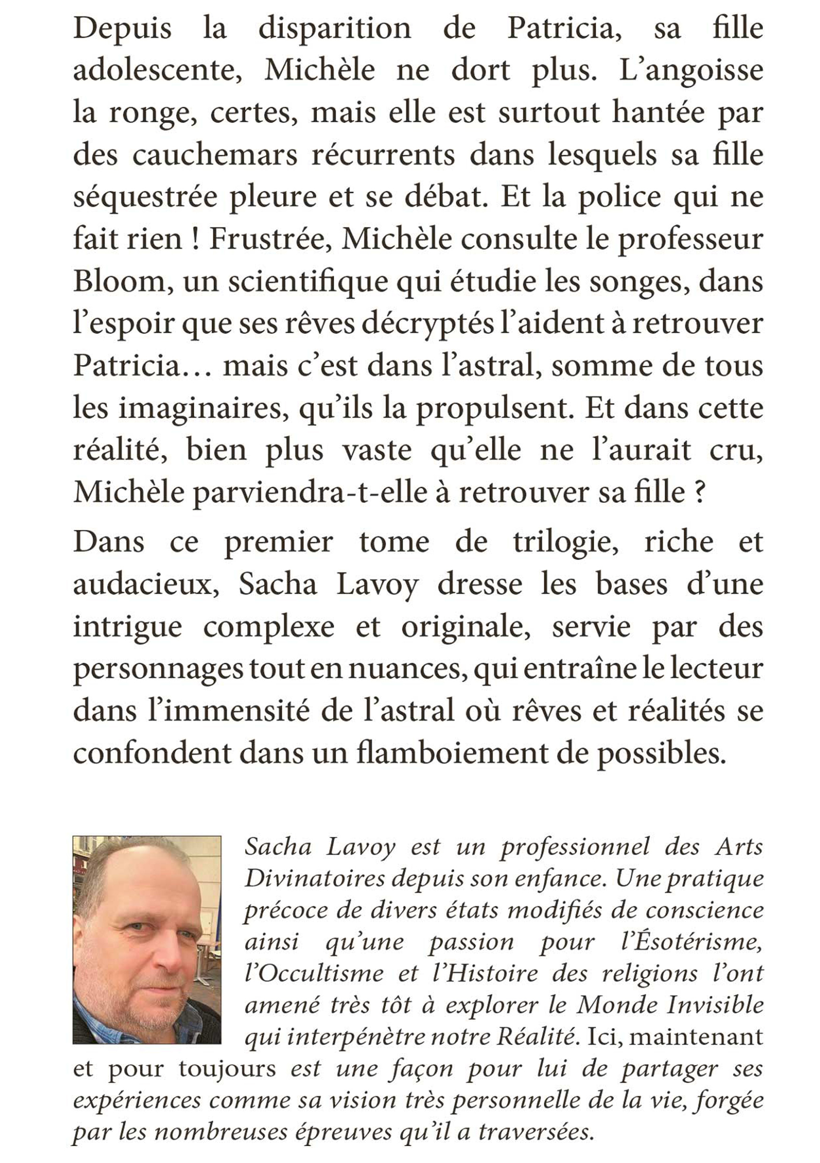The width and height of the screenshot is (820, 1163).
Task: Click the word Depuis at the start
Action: [122, 29]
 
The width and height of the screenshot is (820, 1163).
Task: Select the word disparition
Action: [335, 29]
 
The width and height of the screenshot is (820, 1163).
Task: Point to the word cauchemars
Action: [215, 156]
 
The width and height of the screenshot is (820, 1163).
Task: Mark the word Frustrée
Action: [271, 240]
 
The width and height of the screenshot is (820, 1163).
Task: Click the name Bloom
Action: [120, 282]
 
